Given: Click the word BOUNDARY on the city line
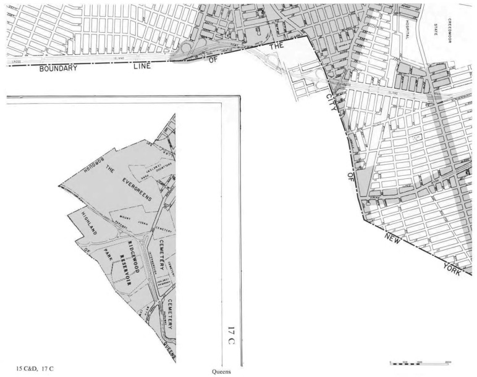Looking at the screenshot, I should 59,68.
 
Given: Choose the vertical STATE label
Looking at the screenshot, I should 435,29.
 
